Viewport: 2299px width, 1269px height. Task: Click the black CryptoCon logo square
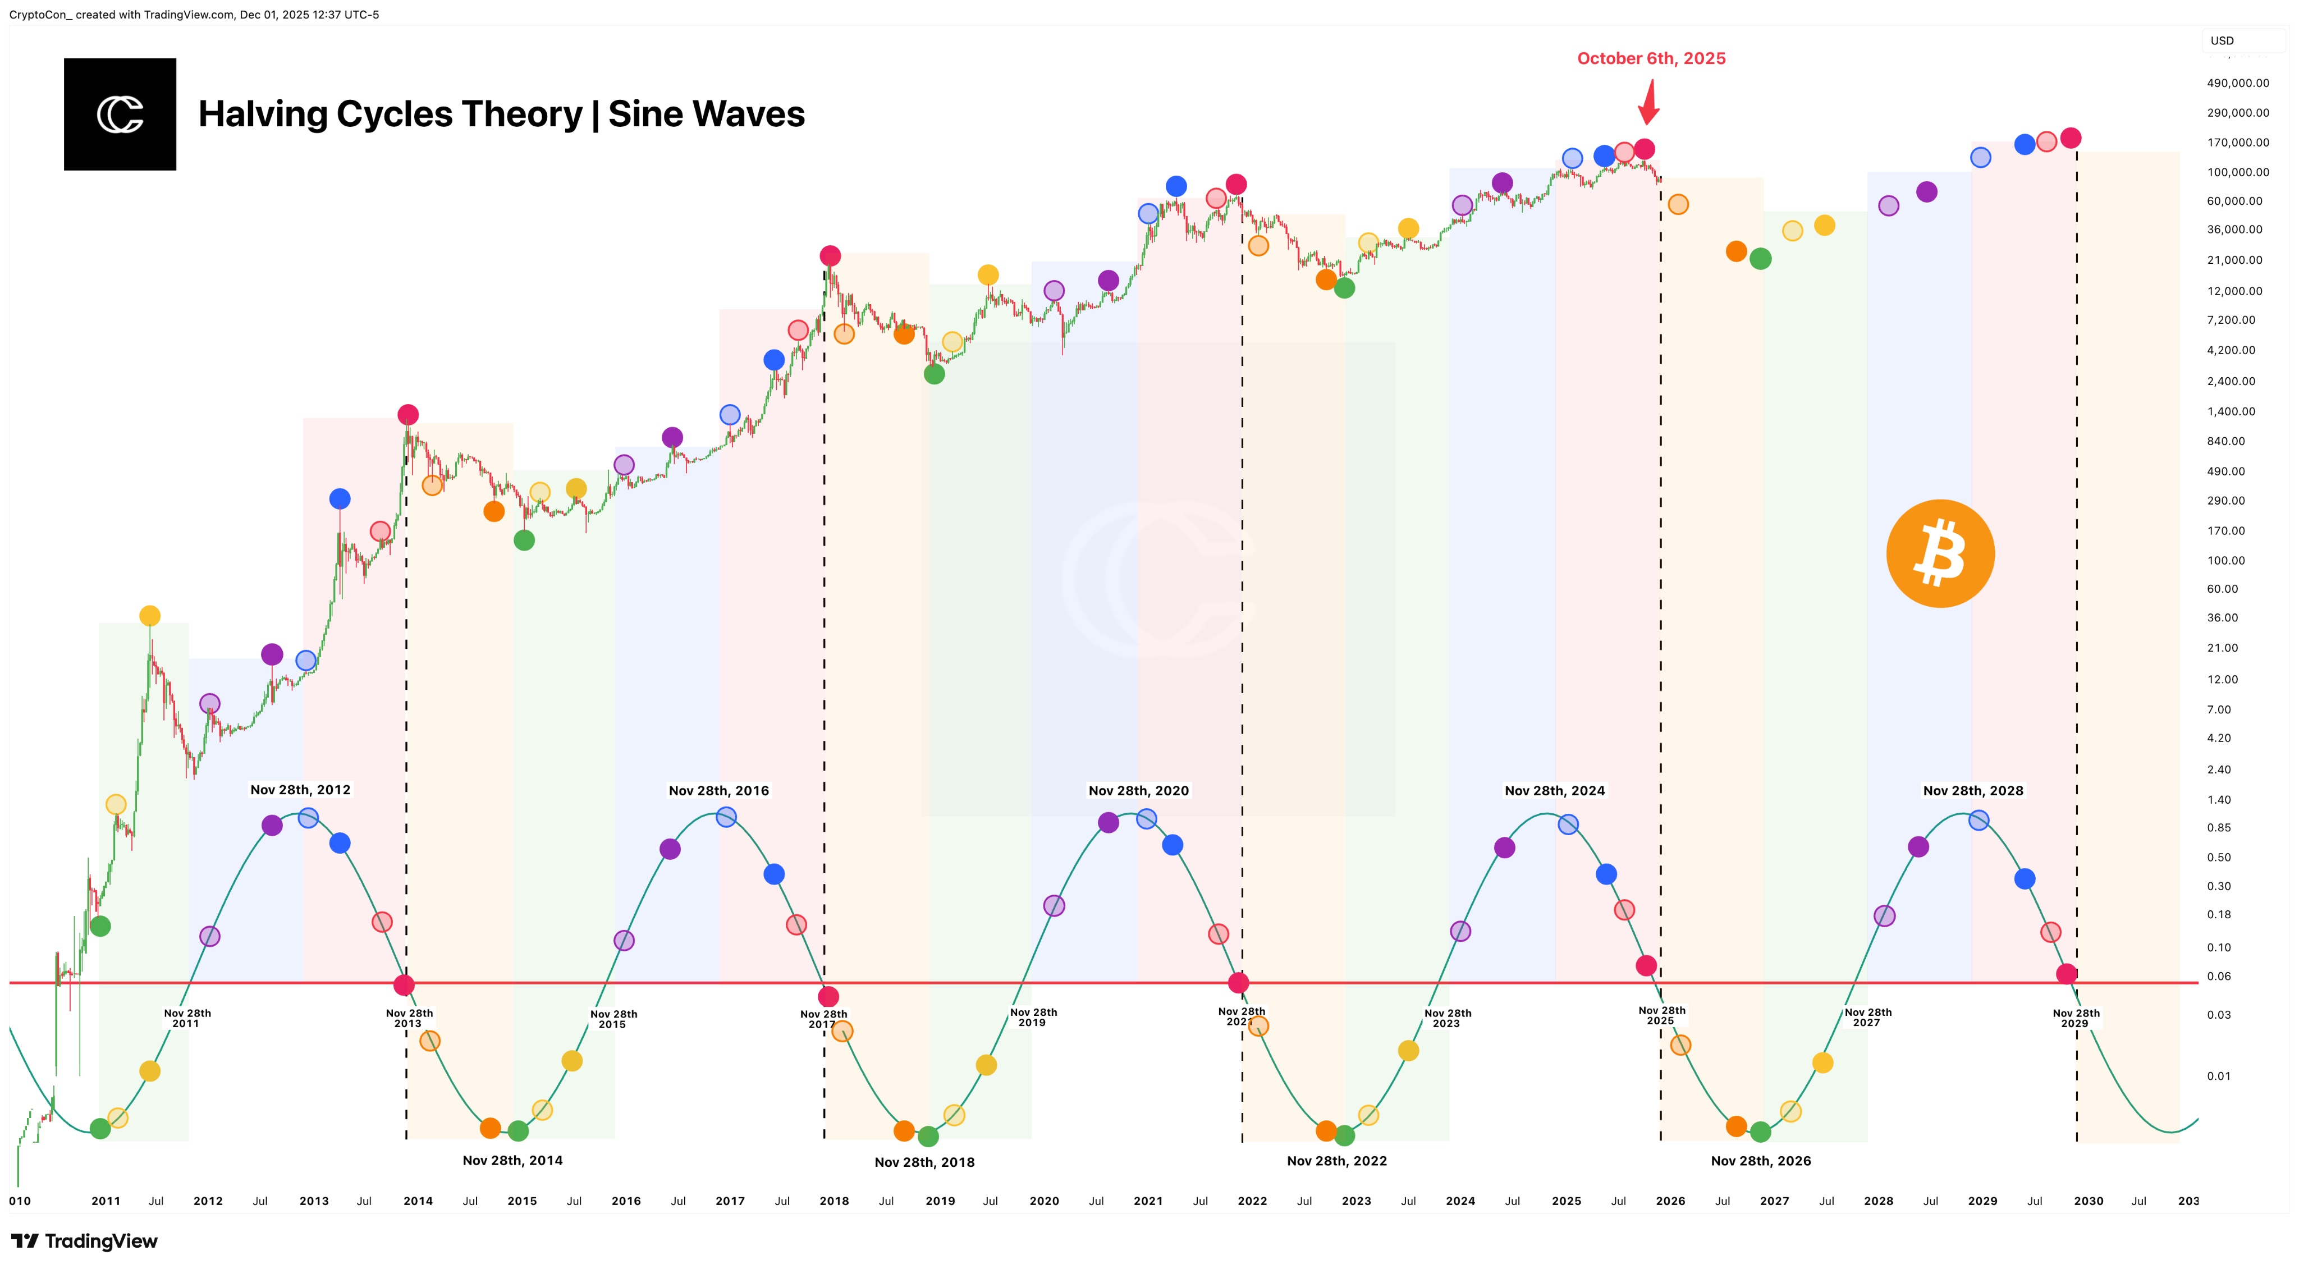(x=120, y=114)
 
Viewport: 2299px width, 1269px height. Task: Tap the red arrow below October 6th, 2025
(x=1648, y=103)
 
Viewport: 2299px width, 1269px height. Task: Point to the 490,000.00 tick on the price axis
(x=2237, y=83)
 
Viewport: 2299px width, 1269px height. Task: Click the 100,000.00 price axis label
(x=2237, y=172)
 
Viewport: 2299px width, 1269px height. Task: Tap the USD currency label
(x=2222, y=41)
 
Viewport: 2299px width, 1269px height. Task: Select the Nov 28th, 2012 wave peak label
(x=300, y=790)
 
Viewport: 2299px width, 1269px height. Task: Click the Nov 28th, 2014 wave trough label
(x=512, y=1160)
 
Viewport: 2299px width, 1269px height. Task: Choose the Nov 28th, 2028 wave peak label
(x=1972, y=791)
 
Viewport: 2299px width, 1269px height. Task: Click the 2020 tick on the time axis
(x=1043, y=1201)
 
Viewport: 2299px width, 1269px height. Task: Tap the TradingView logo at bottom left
(x=85, y=1241)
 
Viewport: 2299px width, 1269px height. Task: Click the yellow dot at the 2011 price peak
(x=150, y=616)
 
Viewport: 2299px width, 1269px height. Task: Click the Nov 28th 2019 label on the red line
(x=1033, y=1018)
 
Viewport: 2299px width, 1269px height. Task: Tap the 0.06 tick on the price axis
(x=2219, y=976)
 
